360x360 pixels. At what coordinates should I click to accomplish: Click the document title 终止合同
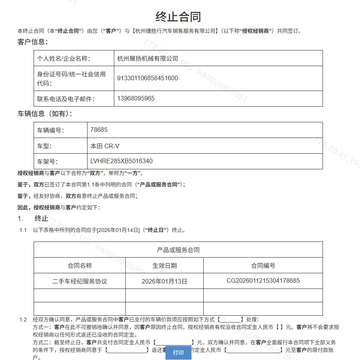coord(178,16)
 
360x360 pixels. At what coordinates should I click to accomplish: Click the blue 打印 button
coord(178,352)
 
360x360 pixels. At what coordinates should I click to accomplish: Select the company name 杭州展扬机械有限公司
coord(148,58)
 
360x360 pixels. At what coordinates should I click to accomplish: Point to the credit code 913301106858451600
coord(148,78)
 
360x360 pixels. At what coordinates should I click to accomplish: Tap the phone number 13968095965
coord(136,99)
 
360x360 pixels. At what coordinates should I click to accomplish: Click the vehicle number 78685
coord(99,130)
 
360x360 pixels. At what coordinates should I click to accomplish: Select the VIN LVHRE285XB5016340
coord(122,161)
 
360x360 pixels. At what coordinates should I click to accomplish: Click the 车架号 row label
coord(47,161)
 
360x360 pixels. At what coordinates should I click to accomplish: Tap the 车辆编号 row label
coord(50,130)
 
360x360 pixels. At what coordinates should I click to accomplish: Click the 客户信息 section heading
coord(32,42)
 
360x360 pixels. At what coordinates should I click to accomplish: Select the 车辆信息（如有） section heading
coord(45,114)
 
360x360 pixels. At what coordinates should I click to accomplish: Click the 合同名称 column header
coord(79,266)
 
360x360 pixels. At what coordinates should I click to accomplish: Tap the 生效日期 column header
coord(164,266)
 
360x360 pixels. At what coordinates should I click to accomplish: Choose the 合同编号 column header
coord(263,266)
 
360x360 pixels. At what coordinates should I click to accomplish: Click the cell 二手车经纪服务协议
coord(79,281)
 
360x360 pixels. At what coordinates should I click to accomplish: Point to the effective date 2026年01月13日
coord(164,281)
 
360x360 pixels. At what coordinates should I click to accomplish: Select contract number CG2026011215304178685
coord(263,281)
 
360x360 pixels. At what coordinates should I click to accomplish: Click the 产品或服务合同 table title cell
coord(178,250)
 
